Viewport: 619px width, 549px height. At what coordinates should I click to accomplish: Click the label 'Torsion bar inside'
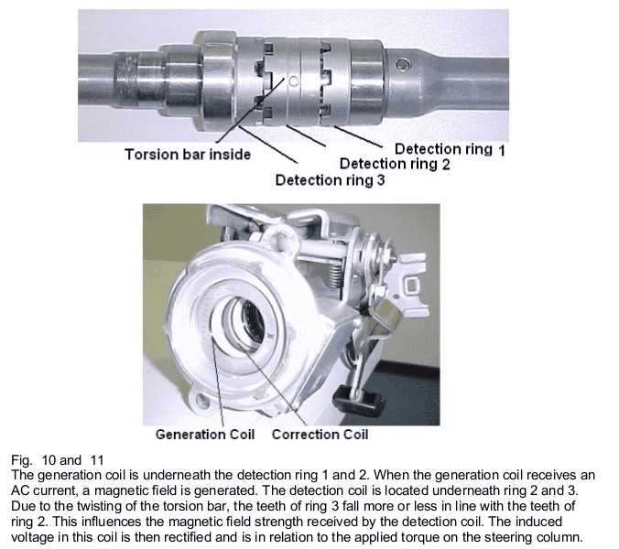pos(188,155)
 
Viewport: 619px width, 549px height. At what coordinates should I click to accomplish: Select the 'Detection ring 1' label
pos(450,149)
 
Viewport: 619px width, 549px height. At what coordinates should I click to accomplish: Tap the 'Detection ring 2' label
pos(395,164)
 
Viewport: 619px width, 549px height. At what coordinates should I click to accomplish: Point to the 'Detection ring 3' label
pos(330,180)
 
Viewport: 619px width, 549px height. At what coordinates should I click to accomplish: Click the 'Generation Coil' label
pos(205,435)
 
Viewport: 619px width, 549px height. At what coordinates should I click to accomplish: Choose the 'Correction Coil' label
pos(320,435)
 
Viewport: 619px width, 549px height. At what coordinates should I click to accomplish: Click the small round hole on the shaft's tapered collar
pos(402,64)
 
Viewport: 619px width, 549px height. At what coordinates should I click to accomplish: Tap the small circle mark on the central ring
pos(294,81)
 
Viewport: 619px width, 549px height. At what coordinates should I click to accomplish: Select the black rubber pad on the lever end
pos(358,401)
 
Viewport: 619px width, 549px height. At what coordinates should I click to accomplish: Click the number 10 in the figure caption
pos(49,460)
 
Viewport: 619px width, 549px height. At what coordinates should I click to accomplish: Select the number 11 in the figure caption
pos(97,460)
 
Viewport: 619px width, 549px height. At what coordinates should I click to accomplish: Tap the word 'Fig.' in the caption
pos(21,460)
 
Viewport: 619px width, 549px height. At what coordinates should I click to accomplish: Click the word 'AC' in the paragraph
pos(20,491)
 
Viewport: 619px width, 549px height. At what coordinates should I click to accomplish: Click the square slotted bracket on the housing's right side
pos(413,283)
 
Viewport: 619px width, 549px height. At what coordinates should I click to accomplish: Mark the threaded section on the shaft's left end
pos(125,81)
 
